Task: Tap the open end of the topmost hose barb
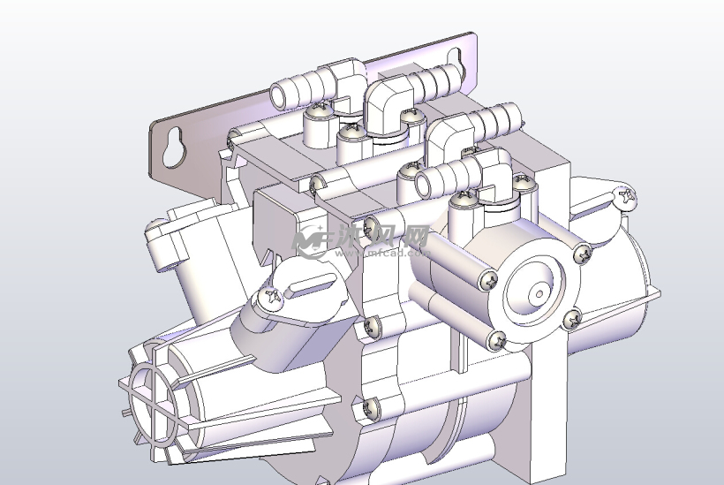pyautogui.click(x=275, y=93)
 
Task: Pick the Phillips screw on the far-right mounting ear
pyautogui.click(x=628, y=196)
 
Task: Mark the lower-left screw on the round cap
pyautogui.click(x=498, y=338)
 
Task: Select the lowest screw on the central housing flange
pyautogui.click(x=372, y=408)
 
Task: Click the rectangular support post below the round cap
pyautogui.click(x=539, y=406)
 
